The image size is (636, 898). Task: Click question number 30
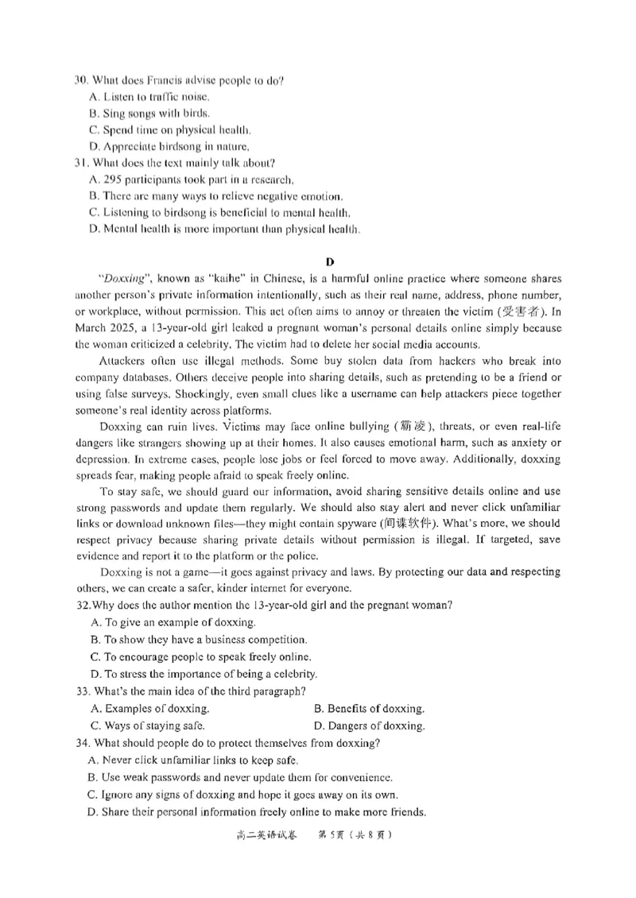click(x=80, y=80)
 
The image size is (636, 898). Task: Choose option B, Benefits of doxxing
click(x=369, y=708)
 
